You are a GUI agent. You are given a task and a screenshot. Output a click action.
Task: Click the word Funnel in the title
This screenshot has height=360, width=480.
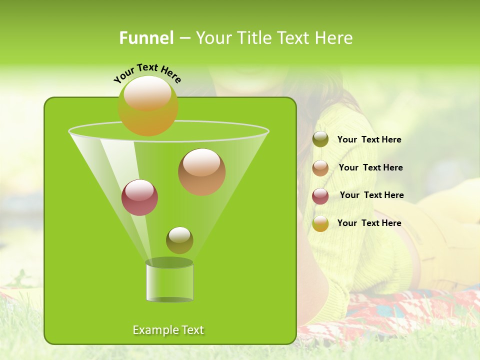[x=146, y=38]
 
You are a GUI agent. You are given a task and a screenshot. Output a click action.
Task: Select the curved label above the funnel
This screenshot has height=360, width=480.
[x=147, y=72]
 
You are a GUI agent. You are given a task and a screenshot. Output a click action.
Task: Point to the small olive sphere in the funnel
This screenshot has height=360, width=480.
[x=179, y=241]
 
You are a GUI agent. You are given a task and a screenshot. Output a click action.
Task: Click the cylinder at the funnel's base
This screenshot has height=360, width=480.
[x=169, y=282]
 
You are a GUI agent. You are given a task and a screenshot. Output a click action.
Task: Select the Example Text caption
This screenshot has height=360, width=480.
[x=168, y=330]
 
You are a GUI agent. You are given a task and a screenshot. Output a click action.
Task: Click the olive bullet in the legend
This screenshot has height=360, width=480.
[x=320, y=139]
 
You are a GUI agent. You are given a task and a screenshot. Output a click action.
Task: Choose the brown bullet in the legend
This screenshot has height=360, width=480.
[x=320, y=167]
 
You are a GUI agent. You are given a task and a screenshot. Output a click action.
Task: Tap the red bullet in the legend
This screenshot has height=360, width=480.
[x=320, y=195]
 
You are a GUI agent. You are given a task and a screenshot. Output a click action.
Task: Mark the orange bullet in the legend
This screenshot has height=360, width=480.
[x=320, y=223]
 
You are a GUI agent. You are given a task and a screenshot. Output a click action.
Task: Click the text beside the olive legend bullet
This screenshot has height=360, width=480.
[x=369, y=140]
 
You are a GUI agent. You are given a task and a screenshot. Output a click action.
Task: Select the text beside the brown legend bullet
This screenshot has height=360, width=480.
[x=370, y=167]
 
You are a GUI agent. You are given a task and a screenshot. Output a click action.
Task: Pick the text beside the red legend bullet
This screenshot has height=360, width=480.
[x=371, y=195]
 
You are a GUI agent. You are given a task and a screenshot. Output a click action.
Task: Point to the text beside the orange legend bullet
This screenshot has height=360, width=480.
[x=369, y=223]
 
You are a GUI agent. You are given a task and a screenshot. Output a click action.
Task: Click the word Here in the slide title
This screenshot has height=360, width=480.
[x=335, y=38]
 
